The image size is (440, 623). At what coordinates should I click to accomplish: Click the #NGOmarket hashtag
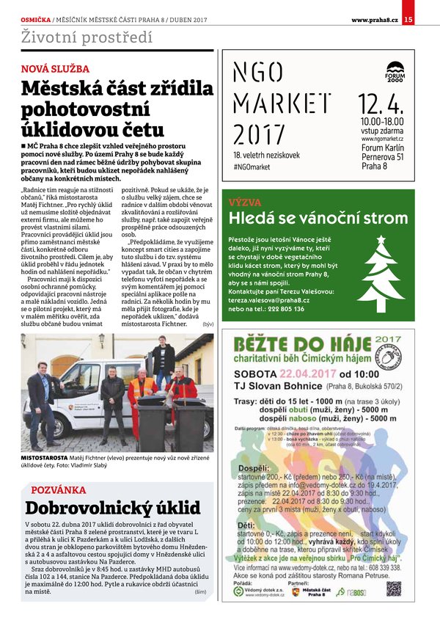pos(252,167)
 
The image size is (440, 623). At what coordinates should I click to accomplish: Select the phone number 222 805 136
pos(298,309)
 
